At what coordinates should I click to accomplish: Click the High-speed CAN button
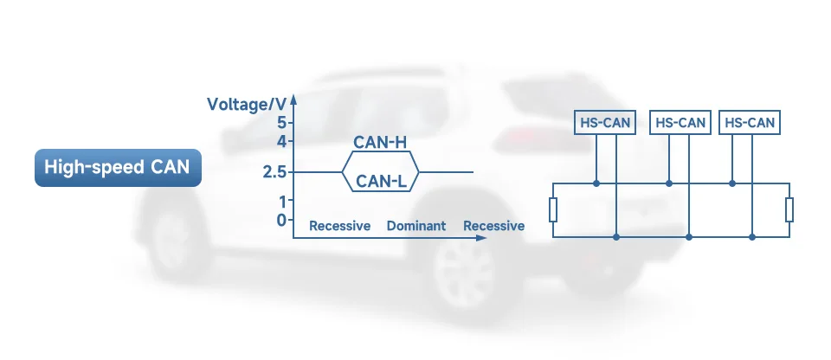(x=117, y=167)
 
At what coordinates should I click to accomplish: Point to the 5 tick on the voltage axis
(x=281, y=122)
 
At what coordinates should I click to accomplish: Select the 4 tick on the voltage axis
(x=281, y=140)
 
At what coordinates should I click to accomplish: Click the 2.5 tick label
(x=275, y=171)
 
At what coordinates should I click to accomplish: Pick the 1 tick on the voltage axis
(x=281, y=202)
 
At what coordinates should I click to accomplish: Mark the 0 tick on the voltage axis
(x=281, y=220)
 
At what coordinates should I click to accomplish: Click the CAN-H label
(x=380, y=143)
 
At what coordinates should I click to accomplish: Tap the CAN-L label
(x=380, y=180)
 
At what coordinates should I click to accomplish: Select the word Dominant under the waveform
(x=416, y=226)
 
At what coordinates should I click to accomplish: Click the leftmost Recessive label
(x=340, y=226)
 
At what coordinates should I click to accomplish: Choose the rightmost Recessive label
(x=493, y=226)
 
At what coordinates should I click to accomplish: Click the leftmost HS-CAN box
(x=605, y=123)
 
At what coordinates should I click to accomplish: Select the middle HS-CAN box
(x=680, y=123)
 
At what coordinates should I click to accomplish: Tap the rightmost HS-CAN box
(x=749, y=123)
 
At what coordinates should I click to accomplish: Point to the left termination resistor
(x=553, y=209)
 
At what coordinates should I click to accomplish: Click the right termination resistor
(x=789, y=209)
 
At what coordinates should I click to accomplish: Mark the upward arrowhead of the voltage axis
(x=294, y=95)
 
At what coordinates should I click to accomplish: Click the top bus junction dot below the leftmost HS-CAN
(x=596, y=183)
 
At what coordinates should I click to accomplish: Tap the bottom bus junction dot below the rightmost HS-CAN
(x=753, y=236)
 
